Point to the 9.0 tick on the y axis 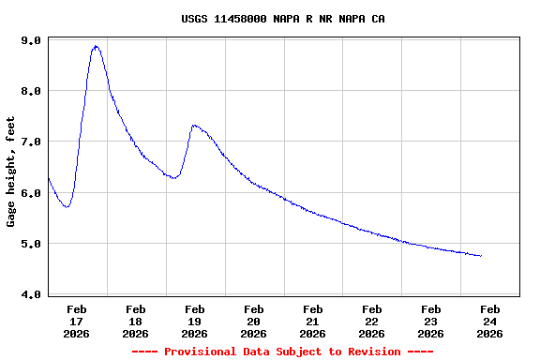30,41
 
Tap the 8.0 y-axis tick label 30,92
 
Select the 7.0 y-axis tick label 30,142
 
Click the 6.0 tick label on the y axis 30,193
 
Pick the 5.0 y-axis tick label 30,244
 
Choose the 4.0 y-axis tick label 30,294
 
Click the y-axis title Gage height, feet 11,172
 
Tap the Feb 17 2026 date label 77,321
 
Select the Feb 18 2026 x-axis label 136,321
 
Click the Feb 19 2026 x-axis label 195,321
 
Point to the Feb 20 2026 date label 254,321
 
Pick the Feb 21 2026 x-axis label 313,321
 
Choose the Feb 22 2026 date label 372,321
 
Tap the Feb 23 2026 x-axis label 431,321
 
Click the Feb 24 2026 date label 490,321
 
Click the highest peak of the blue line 96,46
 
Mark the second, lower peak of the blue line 194,125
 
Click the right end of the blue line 481,255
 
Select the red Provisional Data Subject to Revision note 282,352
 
